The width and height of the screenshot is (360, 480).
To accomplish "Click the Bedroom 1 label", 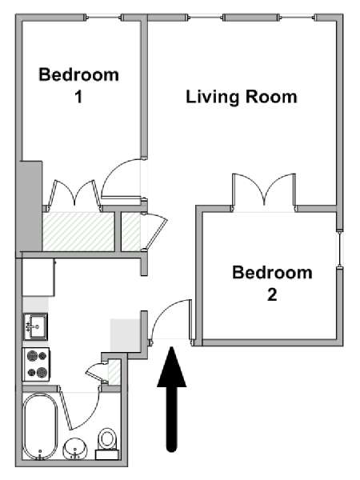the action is [x=78, y=86].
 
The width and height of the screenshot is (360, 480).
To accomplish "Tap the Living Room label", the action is [x=242, y=97].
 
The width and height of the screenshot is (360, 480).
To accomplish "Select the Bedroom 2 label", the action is [x=272, y=283].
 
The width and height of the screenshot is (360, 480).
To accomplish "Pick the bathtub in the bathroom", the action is [x=40, y=426].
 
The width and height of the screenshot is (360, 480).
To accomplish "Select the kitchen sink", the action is [x=36, y=326].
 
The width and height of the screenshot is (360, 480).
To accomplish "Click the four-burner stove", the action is [x=36, y=364].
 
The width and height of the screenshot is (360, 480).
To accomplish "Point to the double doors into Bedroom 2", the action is [x=264, y=192].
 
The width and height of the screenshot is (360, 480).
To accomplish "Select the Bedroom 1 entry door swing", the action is [x=122, y=178].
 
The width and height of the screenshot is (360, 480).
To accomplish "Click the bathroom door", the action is [x=80, y=407].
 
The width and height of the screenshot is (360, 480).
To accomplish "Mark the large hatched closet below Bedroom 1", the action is [x=78, y=231].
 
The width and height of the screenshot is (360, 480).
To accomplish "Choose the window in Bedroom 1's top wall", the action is [x=103, y=18].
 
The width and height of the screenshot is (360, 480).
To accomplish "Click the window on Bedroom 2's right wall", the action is [x=340, y=249].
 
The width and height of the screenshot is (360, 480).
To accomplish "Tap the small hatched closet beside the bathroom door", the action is [x=114, y=373].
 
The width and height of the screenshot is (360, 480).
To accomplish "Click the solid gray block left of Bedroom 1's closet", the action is [x=31, y=206].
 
